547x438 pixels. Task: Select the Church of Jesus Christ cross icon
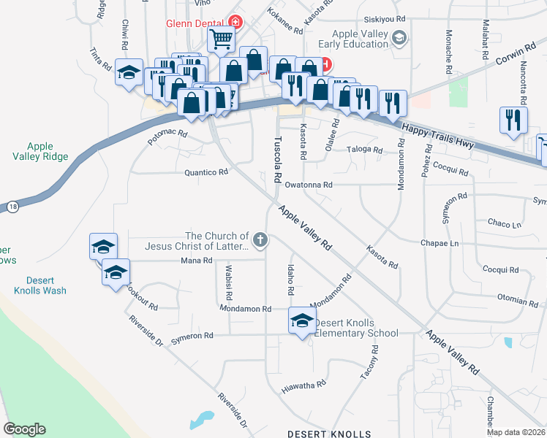coord(260,239)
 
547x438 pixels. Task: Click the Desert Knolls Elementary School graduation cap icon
coord(302,320)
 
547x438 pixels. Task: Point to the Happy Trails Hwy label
coord(438,137)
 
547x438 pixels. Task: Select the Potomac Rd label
coord(168,137)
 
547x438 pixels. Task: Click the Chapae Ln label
coord(440,243)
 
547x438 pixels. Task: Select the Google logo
coord(24,429)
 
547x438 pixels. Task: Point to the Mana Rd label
coord(191,261)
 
